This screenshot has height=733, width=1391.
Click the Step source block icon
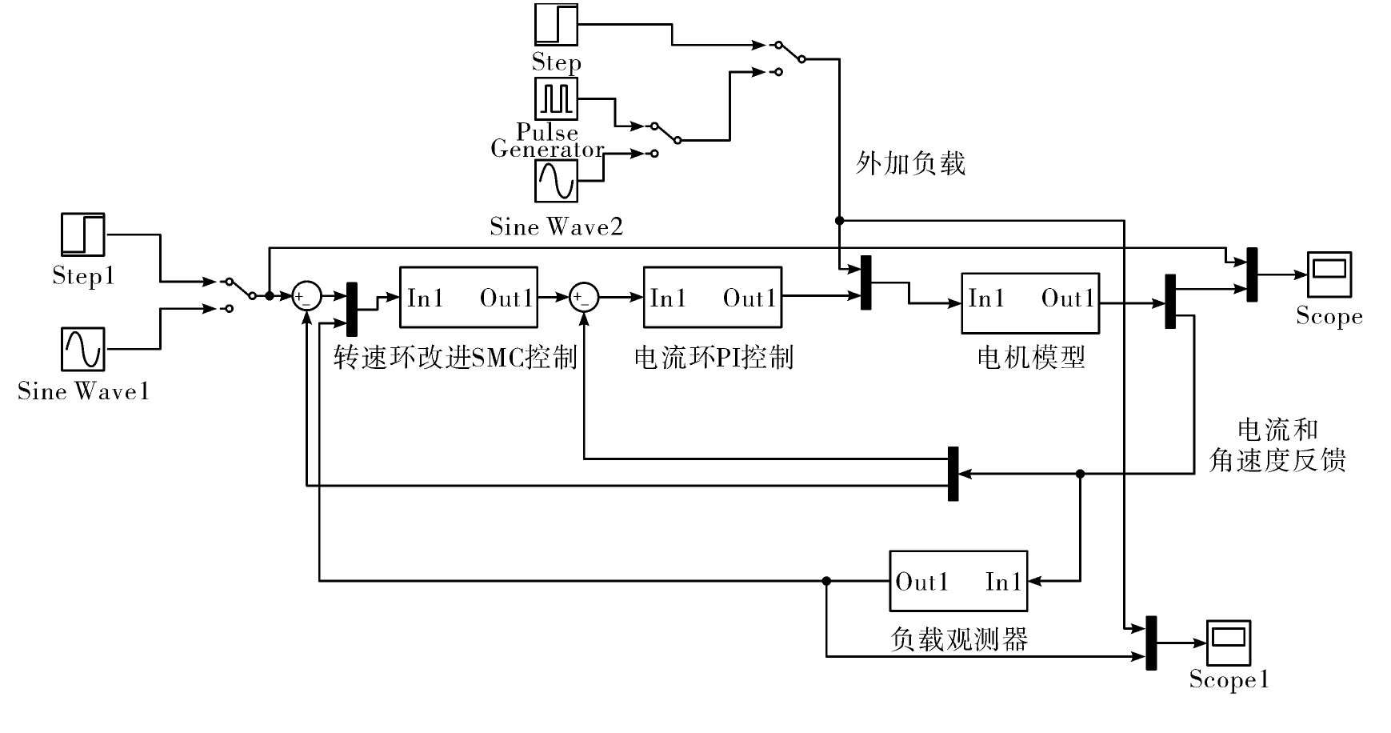[556, 25]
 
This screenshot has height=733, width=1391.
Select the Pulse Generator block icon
[556, 98]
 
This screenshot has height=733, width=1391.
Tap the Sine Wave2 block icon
[556, 181]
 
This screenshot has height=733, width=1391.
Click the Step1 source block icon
[83, 234]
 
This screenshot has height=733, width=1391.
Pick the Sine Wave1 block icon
[83, 350]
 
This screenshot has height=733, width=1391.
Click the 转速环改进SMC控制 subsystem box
[469, 298]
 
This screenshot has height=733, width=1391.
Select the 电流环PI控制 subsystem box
[713, 298]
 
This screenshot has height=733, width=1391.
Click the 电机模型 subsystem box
[1030, 303]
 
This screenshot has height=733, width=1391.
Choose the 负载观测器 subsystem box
[958, 581]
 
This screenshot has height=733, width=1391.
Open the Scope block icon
[1329, 274]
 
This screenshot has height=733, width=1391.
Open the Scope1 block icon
[1229, 643]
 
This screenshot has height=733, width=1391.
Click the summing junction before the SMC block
[306, 297]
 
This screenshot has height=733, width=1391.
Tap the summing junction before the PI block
[584, 297]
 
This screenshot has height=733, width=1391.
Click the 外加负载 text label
[910, 163]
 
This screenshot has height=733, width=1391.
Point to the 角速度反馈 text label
[1277, 460]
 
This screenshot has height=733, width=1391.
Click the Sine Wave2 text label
[557, 227]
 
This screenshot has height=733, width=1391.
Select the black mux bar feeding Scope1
[1151, 643]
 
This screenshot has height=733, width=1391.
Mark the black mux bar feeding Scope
[1252, 274]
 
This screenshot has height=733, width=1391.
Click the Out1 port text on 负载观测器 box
[922, 582]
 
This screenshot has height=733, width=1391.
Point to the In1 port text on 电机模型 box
[985, 298]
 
